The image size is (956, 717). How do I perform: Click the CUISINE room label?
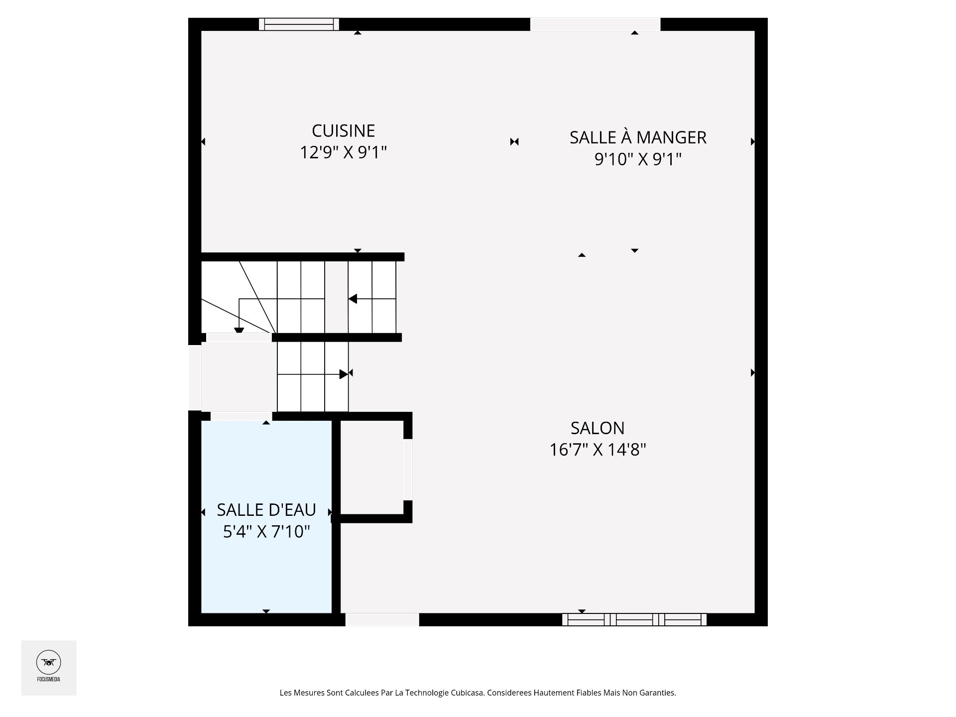[x=343, y=131]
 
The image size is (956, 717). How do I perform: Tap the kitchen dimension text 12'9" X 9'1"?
[x=343, y=152]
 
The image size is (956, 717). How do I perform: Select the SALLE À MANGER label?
[x=638, y=137]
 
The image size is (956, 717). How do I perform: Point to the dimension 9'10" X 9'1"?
[x=638, y=159]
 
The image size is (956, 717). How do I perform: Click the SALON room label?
[x=597, y=428]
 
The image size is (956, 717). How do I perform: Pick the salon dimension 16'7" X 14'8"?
[x=597, y=450]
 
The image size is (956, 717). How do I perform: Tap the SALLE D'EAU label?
[x=266, y=510]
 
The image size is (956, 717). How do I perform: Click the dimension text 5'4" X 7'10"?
[x=266, y=532]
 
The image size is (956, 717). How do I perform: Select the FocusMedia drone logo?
[x=49, y=663]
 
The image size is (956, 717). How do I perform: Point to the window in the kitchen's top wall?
[x=299, y=24]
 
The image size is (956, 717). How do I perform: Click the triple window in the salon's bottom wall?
[x=634, y=619]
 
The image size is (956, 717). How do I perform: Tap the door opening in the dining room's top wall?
[x=595, y=24]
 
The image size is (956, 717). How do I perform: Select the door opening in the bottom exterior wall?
[x=382, y=619]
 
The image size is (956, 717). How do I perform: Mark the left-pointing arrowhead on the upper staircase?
[x=353, y=299]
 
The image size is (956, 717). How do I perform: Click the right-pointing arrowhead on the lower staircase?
[x=344, y=374]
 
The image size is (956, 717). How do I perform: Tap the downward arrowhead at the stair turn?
[x=239, y=330]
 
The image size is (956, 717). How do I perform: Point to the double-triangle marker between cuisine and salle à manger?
[x=514, y=142]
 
